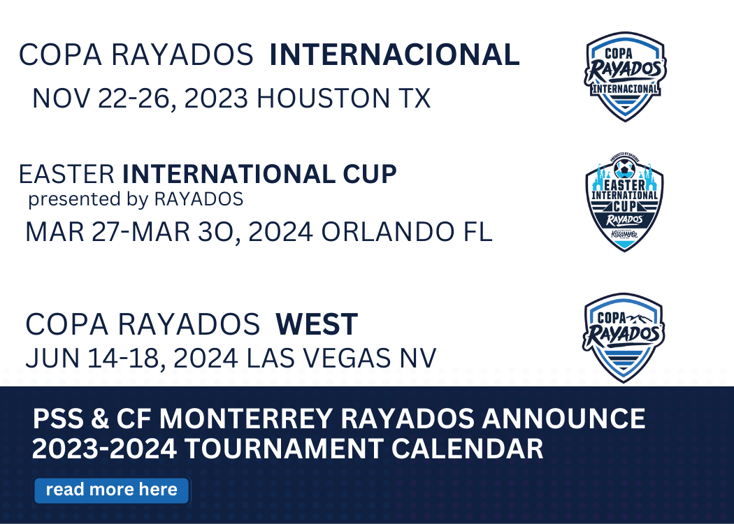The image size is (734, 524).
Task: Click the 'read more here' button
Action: coord(111,490)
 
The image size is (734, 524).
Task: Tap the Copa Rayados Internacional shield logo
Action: coord(625,76)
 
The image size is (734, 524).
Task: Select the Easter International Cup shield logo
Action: coord(624,202)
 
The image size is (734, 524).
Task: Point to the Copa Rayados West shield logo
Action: coord(624,337)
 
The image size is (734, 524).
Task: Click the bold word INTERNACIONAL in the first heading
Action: coord(395,54)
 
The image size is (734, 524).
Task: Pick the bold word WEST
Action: coord(317,324)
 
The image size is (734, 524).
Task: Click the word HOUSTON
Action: coord(323,99)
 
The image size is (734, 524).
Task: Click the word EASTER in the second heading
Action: coord(66,175)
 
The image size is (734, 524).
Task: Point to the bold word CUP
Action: coord(370,175)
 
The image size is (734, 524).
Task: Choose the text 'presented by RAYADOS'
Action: coord(136,199)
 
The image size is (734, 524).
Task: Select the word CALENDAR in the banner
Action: coord(467,449)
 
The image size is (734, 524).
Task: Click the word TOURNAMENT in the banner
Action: coord(284,449)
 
